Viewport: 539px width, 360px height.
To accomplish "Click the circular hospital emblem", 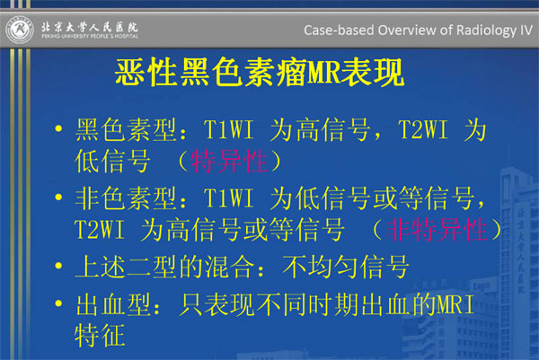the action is point(20,30).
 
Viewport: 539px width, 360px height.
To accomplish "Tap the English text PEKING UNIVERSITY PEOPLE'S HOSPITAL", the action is point(90,36).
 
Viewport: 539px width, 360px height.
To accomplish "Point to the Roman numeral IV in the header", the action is point(526,30).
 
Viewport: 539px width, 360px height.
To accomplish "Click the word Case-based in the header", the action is point(339,31).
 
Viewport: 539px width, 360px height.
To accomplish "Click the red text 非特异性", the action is point(437,230).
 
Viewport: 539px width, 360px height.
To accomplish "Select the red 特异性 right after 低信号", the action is point(229,161).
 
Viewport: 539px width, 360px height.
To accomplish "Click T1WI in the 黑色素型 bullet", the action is point(228,130).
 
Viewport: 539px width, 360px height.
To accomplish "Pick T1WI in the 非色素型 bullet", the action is point(228,198).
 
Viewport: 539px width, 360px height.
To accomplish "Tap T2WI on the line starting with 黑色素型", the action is point(423,130).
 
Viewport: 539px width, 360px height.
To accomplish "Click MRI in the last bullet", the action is point(455,304).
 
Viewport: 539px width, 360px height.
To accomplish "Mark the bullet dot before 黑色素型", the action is point(58,128).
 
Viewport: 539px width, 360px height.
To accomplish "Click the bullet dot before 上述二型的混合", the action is point(58,266).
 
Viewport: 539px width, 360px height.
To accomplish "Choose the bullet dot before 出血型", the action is point(58,303).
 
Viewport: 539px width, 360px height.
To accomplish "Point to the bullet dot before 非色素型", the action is point(58,197).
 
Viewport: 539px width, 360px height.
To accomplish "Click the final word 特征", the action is point(100,335).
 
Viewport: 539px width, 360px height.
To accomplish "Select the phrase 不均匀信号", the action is point(346,267).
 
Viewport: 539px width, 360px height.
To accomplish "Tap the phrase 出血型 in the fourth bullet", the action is point(113,304).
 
